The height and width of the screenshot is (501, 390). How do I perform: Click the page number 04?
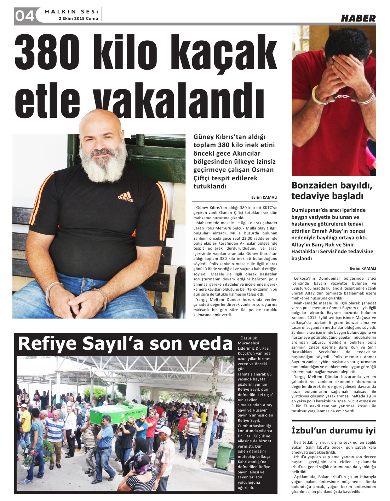[x=24, y=16]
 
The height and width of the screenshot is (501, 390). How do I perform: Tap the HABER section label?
[x=358, y=18]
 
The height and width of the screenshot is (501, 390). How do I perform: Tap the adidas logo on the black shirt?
[x=125, y=197]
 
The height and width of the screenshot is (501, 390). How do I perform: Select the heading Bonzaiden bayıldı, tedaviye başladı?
[x=332, y=191]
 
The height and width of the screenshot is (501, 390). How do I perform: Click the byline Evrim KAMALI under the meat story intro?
[x=264, y=198]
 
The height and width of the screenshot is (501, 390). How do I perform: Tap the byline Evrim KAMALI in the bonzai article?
[x=363, y=268]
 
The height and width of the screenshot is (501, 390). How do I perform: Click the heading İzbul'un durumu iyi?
[x=333, y=431]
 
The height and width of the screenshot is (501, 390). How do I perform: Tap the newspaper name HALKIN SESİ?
[x=71, y=12]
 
